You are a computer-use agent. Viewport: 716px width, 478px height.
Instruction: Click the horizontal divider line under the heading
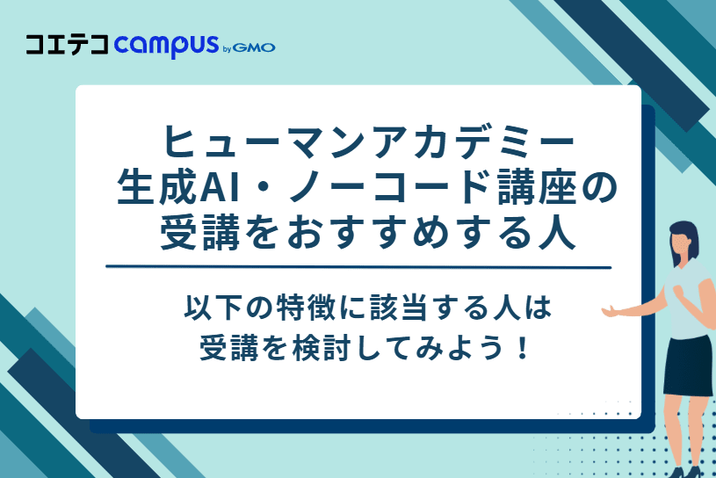click(x=358, y=265)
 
